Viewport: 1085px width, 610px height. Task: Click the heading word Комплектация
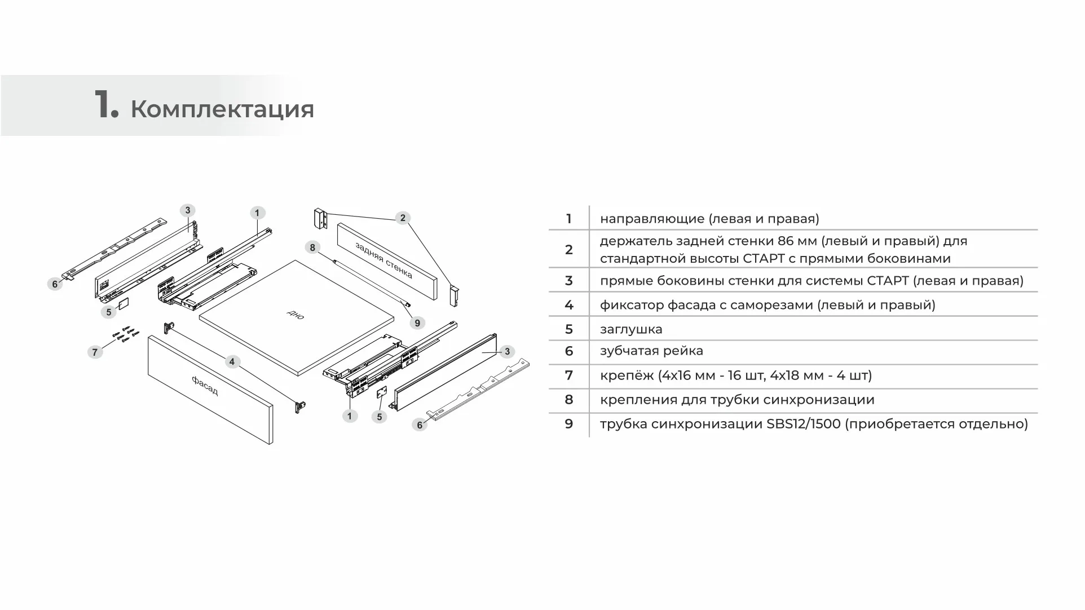coord(222,109)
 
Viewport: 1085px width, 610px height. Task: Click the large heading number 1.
coord(105,105)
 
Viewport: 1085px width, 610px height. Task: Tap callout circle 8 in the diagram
coord(312,247)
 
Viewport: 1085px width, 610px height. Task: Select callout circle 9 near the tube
coord(417,323)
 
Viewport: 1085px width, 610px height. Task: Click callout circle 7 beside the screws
coord(95,352)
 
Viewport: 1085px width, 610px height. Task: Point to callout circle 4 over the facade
coord(232,361)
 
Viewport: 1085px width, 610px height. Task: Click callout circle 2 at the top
coord(402,218)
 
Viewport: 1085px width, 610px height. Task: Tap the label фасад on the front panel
coord(205,386)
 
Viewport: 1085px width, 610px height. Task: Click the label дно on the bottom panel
coord(295,315)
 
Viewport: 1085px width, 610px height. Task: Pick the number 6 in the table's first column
coord(568,351)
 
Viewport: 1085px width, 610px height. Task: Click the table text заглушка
coord(631,329)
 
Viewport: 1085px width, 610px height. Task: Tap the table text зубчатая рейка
coord(651,351)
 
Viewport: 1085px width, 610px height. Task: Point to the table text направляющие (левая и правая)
coord(709,219)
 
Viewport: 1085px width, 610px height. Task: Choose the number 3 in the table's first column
coord(568,281)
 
